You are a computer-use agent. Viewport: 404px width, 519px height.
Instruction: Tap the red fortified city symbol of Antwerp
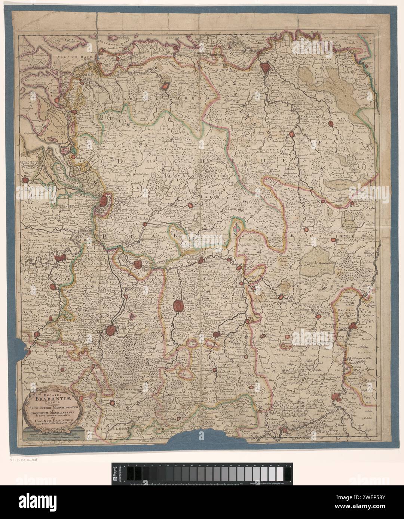[104, 202]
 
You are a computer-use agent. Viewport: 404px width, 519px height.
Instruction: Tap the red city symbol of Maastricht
[353, 326]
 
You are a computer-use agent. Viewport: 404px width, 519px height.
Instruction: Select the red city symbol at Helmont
[330, 124]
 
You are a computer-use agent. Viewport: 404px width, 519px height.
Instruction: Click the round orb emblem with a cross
[238, 227]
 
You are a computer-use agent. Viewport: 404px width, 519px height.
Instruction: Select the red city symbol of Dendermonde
[59, 258]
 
